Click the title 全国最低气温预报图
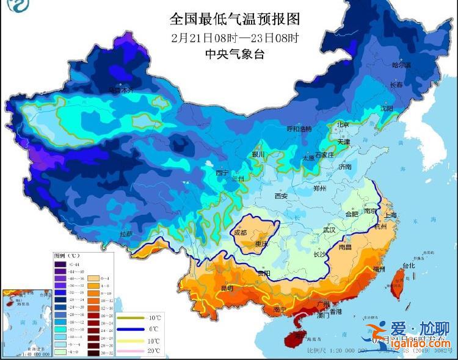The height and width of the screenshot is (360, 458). (236, 16)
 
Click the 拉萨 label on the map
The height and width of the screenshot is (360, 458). (126, 234)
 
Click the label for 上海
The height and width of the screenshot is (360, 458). (390, 215)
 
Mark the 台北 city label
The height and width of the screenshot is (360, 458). (407, 266)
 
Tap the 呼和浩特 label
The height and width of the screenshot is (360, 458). (299, 129)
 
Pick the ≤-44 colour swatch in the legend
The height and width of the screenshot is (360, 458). (60, 264)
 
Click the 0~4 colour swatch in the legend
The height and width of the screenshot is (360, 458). (93, 278)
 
